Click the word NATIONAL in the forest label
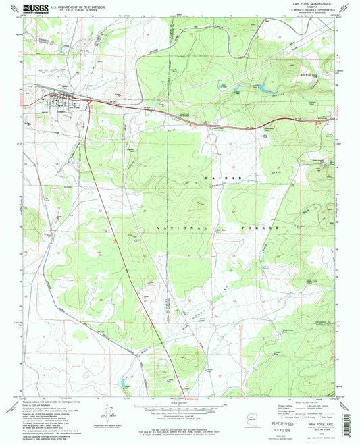coord(182,229)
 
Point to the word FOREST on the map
coord(261,229)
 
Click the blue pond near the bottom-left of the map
coord(122,384)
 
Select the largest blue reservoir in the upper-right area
coord(260,87)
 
